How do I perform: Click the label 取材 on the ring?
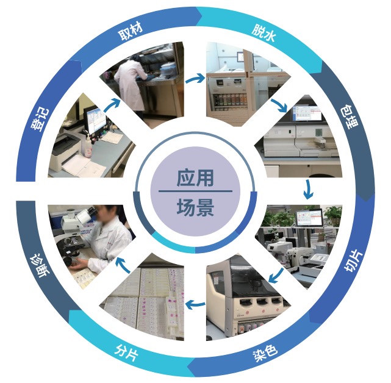coord(131,32)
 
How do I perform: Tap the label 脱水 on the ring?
coord(264,33)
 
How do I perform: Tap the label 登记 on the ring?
coord(40,120)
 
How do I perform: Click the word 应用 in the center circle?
coord(195,178)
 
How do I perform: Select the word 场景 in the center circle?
coord(195,207)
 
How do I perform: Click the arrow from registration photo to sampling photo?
coord(112,105)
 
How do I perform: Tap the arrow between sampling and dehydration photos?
coord(195,79)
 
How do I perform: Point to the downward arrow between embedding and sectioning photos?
coord(309,189)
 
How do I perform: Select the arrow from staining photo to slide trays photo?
coord(195,304)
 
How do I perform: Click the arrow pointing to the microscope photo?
coord(123,265)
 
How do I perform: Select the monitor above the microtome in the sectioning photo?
coord(309,218)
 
